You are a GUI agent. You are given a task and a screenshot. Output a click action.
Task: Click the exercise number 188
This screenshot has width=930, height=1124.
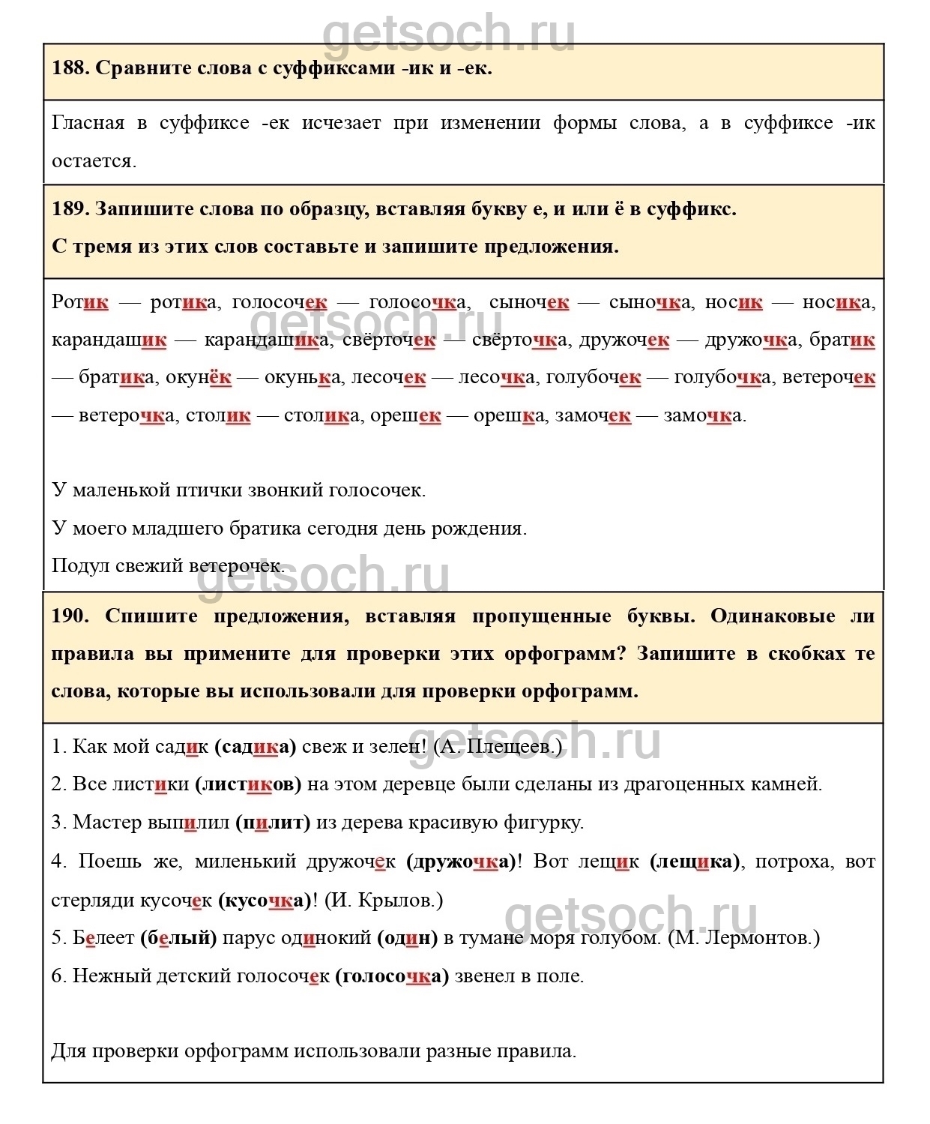click(x=70, y=68)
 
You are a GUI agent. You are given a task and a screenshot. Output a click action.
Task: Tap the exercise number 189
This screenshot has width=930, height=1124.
click(x=70, y=208)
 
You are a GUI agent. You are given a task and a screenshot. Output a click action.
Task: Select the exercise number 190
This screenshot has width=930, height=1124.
click(x=70, y=616)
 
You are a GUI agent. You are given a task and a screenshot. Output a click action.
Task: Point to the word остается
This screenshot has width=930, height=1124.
click(x=94, y=161)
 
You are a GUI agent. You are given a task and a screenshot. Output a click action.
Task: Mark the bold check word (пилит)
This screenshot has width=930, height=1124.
click(x=273, y=823)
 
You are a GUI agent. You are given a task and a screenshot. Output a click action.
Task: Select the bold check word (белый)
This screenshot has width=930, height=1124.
click(x=178, y=937)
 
